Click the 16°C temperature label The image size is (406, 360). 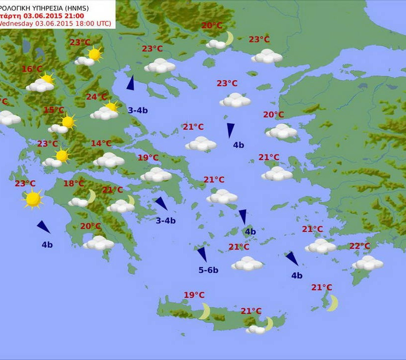[32, 69]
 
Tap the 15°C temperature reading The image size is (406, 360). [54, 110]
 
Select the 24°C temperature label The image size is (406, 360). [97, 97]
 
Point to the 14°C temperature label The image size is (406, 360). [101, 144]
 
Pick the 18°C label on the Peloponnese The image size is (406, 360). [74, 184]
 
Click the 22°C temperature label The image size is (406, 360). [360, 246]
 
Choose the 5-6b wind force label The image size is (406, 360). [208, 270]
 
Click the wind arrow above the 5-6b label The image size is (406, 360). [202, 254]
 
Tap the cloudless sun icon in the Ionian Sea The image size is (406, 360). [33, 199]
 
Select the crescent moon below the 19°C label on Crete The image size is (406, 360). [204, 311]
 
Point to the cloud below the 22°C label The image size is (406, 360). [367, 263]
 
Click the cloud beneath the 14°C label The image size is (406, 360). [108, 160]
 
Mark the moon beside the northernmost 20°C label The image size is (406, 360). [229, 38]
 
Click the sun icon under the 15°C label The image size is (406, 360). [68, 122]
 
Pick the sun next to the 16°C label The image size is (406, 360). [47, 79]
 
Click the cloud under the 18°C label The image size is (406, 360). [78, 202]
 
